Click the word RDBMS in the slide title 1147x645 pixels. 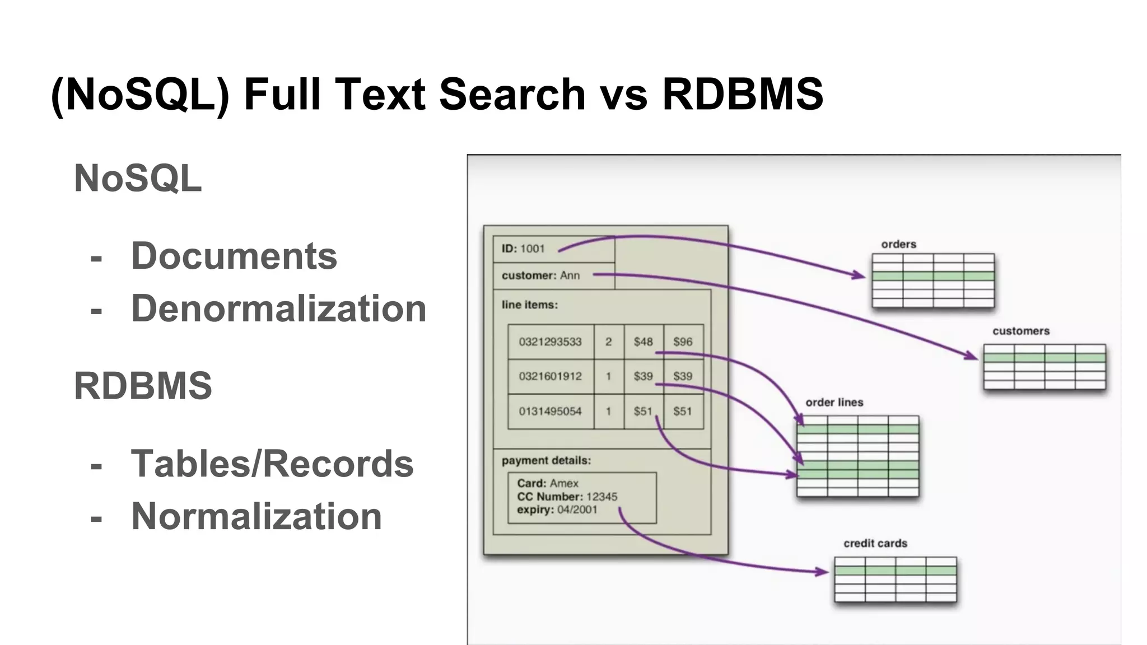click(742, 94)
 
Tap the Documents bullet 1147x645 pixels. click(234, 256)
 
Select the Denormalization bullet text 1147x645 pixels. click(278, 309)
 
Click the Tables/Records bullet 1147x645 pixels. click(272, 464)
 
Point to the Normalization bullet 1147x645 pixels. click(257, 516)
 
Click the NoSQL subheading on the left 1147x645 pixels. click(138, 179)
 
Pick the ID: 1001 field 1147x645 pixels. click(523, 249)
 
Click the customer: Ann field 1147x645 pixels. click(540, 275)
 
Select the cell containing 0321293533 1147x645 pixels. click(550, 342)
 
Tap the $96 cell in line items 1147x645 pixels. click(683, 342)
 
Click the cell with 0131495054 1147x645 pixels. click(550, 412)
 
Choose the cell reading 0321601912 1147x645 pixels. click(550, 376)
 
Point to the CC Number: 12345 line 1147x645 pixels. click(567, 497)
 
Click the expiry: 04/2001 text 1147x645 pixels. click(557, 510)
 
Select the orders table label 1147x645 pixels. click(898, 244)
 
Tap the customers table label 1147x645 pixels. click(1020, 331)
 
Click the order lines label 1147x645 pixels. click(834, 402)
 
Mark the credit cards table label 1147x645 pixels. click(875, 543)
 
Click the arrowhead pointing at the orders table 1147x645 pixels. click(860, 275)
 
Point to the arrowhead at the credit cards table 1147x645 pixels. click(823, 572)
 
